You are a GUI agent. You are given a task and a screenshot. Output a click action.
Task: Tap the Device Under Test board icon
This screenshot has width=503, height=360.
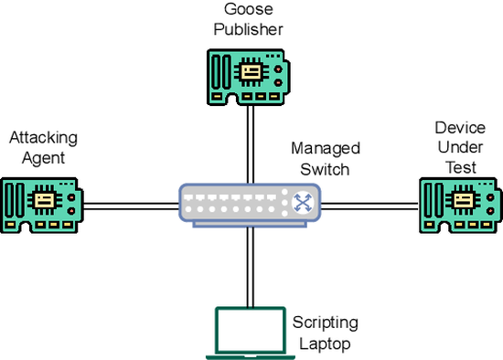tap(460, 203)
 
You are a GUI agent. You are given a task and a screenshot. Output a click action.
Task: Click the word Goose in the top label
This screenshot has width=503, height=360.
tap(247, 10)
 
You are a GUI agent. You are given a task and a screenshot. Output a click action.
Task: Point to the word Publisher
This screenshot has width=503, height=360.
tap(247, 28)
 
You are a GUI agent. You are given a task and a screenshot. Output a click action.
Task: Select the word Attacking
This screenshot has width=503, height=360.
tap(43, 138)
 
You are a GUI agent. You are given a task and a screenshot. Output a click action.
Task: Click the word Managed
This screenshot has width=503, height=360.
tap(326, 148)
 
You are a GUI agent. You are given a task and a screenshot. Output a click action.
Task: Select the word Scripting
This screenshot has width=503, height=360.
tap(326, 324)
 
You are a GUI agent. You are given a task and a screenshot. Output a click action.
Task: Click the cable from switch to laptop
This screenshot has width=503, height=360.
tap(248, 265)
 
